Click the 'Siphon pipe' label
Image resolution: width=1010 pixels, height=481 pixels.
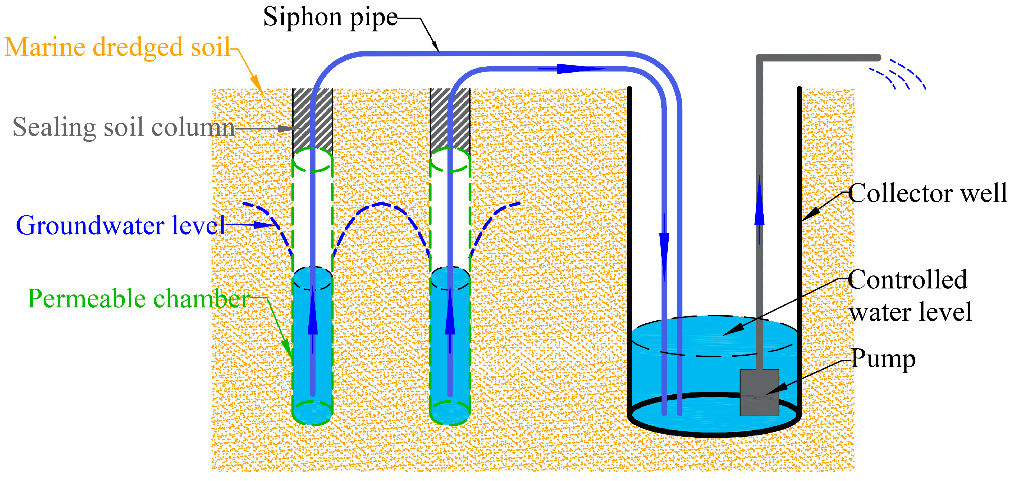[330, 18]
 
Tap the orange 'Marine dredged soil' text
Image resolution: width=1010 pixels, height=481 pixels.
[117, 47]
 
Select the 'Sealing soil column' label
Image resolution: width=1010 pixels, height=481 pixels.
[123, 127]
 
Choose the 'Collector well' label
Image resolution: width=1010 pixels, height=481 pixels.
[927, 193]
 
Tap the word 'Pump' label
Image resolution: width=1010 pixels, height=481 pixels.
[883, 359]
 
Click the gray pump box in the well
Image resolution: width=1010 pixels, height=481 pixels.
[759, 392]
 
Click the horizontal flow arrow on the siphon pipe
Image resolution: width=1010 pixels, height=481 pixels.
[576, 69]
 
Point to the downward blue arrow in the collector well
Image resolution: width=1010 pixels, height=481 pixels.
[664, 251]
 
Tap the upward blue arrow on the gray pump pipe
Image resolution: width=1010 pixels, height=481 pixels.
[759, 204]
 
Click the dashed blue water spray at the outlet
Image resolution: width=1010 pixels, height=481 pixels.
[898, 76]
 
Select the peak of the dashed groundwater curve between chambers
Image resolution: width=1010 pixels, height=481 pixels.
[381, 204]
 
